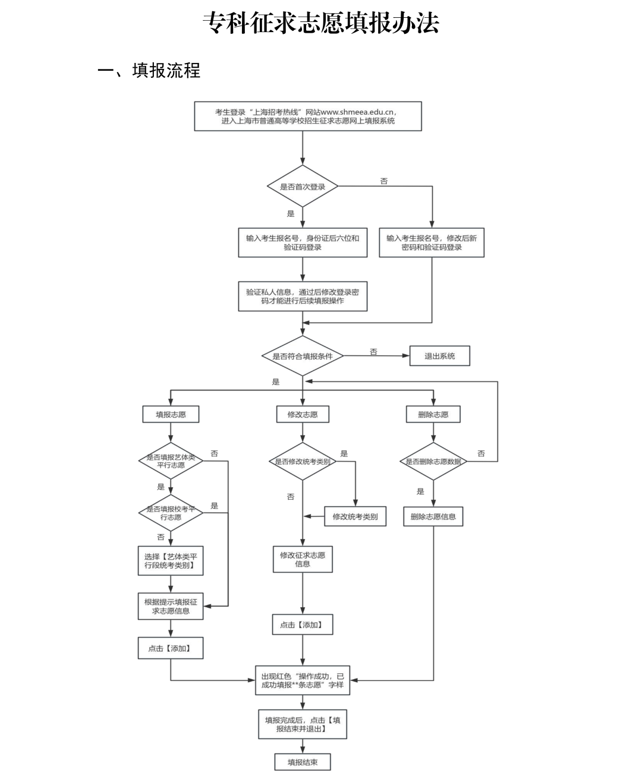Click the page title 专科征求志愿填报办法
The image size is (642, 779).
321,23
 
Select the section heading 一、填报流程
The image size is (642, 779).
149,70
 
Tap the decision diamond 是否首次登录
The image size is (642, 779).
303,186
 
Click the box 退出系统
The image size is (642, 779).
440,356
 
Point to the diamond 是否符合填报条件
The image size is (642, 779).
303,356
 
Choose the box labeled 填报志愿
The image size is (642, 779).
171,414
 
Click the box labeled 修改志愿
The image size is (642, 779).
303,414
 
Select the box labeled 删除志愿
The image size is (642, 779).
433,414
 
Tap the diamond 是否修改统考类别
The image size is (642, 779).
303,462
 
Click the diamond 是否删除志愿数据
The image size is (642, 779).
433,462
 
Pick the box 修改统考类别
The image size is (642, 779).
355,516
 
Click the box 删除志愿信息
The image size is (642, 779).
433,516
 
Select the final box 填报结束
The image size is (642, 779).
303,762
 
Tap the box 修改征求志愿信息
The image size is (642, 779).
303,559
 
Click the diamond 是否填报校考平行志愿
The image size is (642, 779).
171,513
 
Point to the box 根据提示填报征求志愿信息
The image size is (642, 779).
171,606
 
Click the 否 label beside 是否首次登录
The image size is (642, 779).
383,181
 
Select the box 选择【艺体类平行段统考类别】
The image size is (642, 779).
171,561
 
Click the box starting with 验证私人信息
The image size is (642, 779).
303,297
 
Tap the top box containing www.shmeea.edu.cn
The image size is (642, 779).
308,116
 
